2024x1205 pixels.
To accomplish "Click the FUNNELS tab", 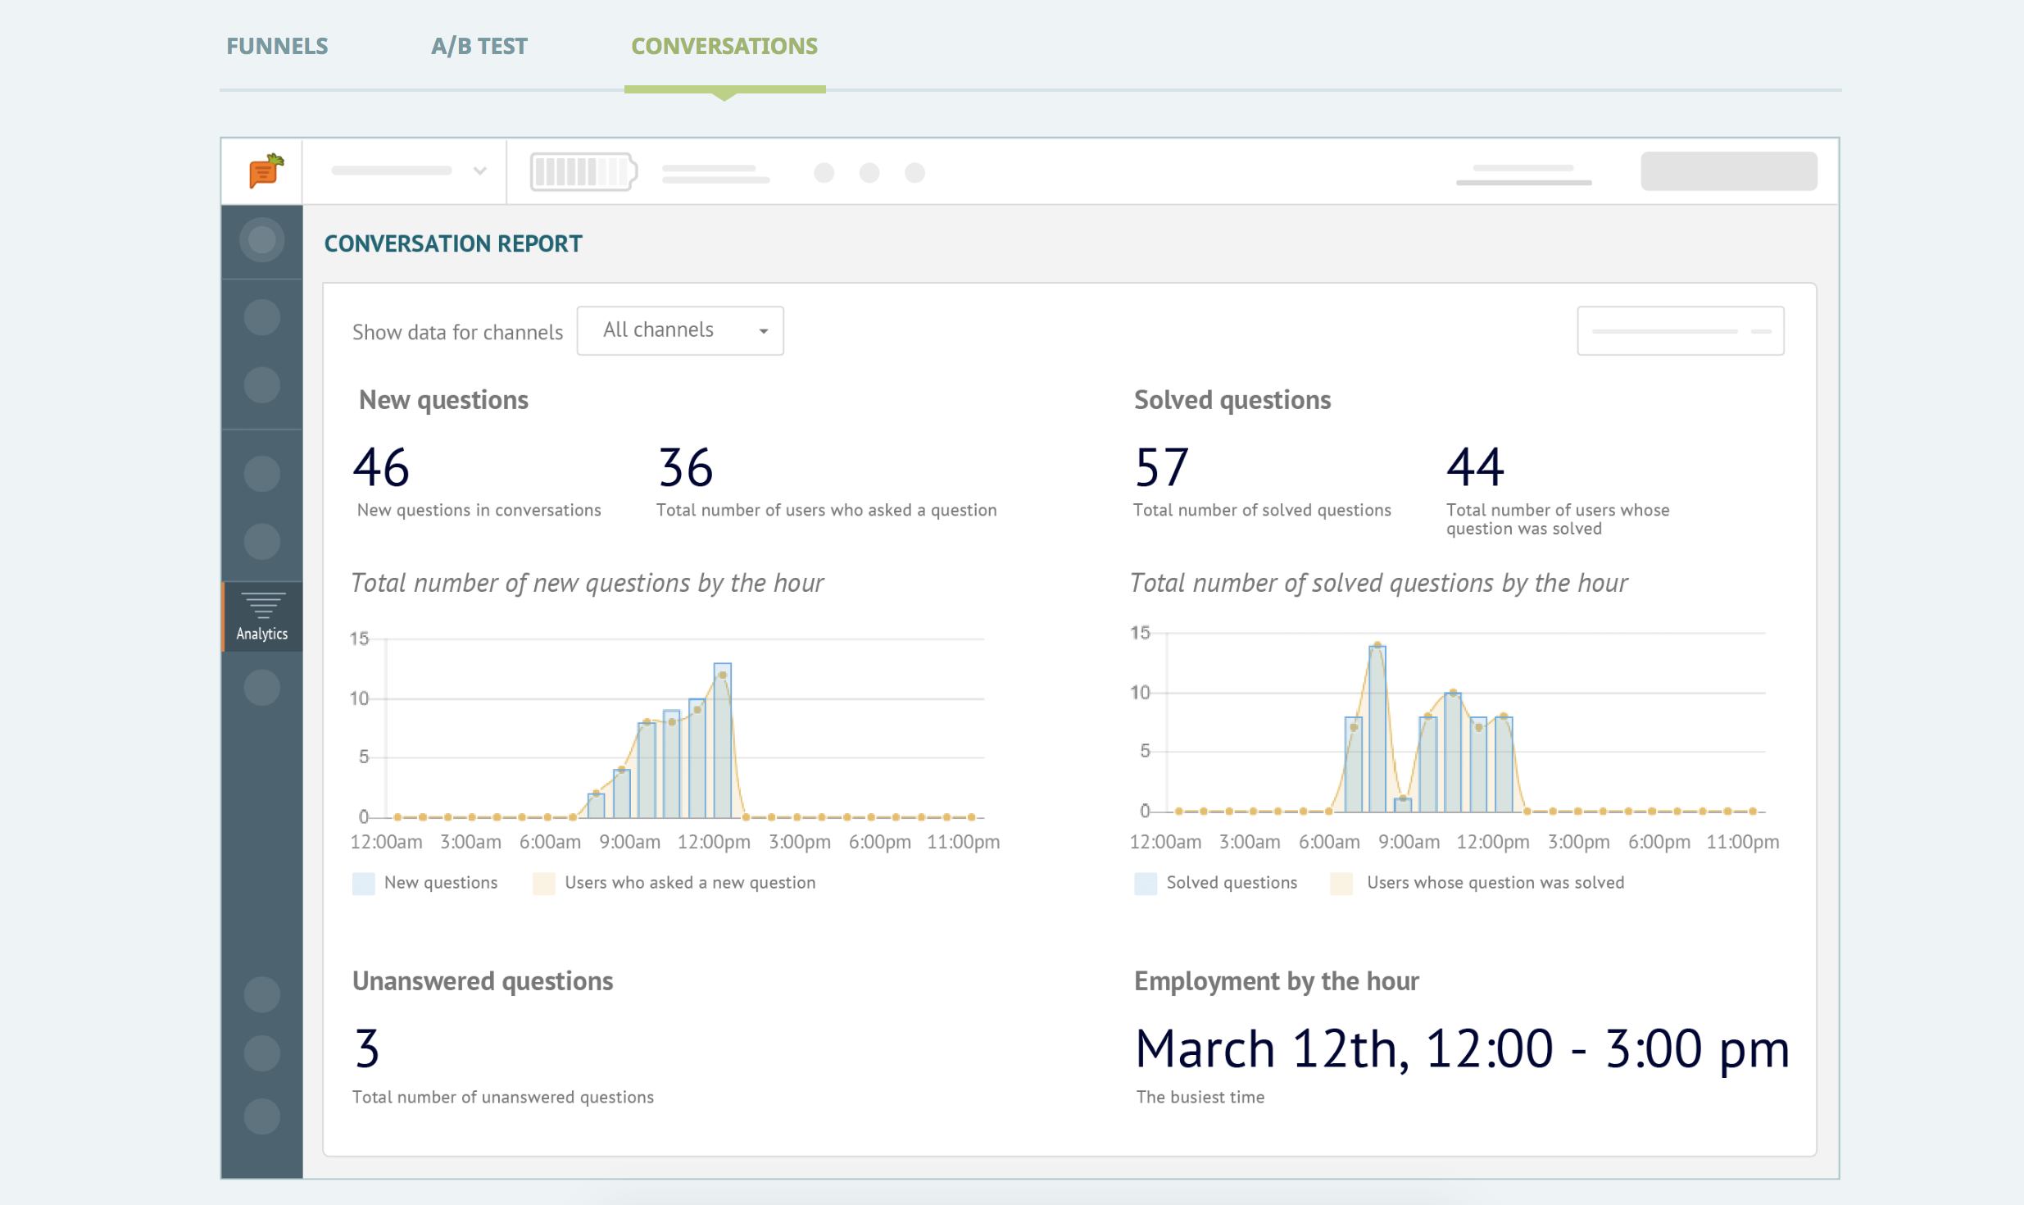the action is (277, 46).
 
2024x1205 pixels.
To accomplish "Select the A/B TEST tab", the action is (479, 46).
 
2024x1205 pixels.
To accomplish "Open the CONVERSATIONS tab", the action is (724, 46).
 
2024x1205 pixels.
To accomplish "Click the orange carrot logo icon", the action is (266, 171).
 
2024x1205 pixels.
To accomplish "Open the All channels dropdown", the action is (680, 330).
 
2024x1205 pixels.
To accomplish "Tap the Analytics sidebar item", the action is (262, 616).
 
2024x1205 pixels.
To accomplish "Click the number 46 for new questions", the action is (381, 467).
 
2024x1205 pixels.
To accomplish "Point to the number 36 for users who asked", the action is (686, 467).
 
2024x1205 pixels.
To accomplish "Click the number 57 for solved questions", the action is (1161, 467).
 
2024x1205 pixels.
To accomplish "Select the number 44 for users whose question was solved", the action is (1475, 467).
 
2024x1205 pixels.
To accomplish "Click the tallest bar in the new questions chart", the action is (722, 740).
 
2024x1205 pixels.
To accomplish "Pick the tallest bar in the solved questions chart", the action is (1377, 729).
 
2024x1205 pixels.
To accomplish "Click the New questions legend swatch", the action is (363, 883).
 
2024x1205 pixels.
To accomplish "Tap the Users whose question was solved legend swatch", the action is (1341, 883).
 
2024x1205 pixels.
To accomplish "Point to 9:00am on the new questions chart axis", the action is (629, 842).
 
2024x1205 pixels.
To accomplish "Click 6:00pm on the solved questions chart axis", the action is (1659, 842).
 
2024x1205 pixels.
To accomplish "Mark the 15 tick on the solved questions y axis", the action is (1140, 633).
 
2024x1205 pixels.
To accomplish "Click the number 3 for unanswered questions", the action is (367, 1048).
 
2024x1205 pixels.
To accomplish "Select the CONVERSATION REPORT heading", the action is (453, 243).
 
